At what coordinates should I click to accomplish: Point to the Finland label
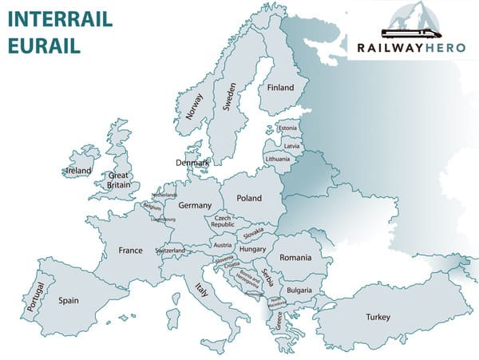[281, 88]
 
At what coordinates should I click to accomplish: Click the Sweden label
[230, 96]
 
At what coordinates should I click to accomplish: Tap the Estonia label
[287, 129]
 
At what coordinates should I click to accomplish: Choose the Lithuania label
[278, 159]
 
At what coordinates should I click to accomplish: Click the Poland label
[249, 198]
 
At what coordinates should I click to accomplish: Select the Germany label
[195, 206]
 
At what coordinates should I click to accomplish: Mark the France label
[130, 251]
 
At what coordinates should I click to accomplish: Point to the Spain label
[69, 301]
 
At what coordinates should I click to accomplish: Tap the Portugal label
[33, 295]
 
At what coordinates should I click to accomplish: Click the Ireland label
[79, 171]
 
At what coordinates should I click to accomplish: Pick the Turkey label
[378, 318]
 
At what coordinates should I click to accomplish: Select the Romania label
[295, 258]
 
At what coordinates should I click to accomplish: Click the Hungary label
[252, 249]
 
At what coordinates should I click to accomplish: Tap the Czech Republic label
[223, 221]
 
